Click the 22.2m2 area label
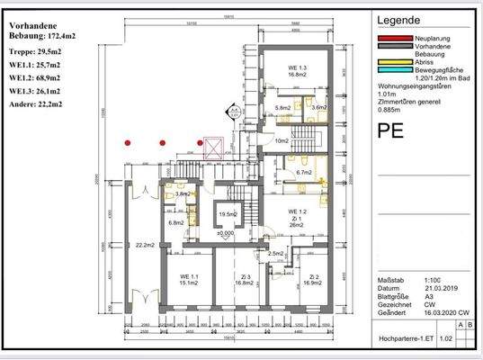pos(140,244)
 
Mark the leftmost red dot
pos(129,142)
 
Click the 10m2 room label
pos(282,141)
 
